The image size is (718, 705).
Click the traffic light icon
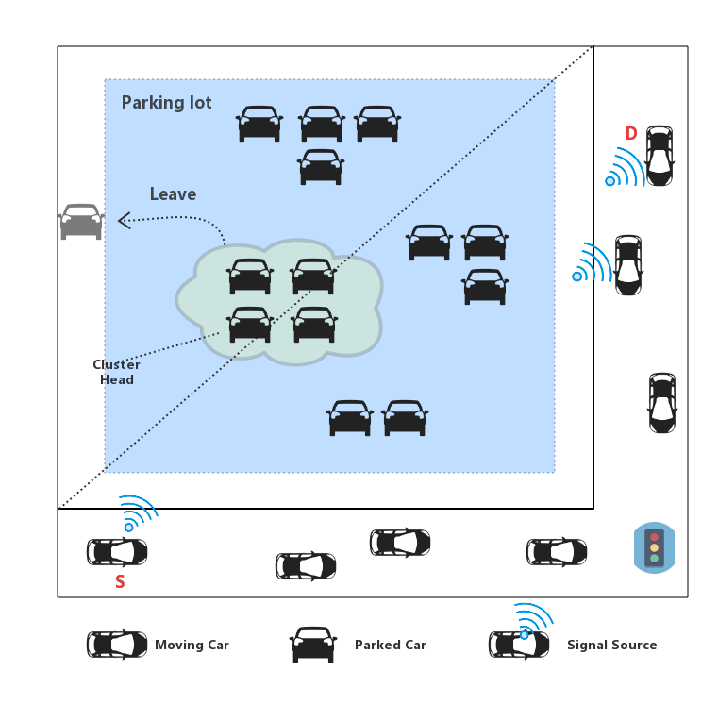[x=654, y=547]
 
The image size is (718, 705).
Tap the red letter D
[x=631, y=134]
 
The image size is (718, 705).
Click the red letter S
[x=120, y=582]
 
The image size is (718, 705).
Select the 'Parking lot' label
[x=166, y=103]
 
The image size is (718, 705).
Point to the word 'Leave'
[x=173, y=194]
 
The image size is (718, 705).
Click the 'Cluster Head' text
[x=117, y=372]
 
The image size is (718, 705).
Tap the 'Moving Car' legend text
[x=192, y=646]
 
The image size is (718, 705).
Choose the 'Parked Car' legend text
[x=390, y=646]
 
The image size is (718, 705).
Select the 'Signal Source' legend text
[x=611, y=646]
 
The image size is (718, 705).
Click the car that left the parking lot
[x=81, y=222]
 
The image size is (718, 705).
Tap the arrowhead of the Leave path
[x=123, y=221]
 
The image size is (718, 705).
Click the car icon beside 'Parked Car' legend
[x=313, y=645]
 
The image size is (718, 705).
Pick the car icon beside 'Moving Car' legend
[x=117, y=645]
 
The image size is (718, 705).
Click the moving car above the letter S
[x=117, y=551]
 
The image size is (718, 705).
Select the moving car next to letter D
[x=659, y=155]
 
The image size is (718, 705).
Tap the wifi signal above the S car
[x=138, y=512]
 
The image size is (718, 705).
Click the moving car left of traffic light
[x=557, y=552]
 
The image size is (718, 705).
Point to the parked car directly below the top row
[x=321, y=167]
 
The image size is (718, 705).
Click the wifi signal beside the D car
[x=625, y=167]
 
